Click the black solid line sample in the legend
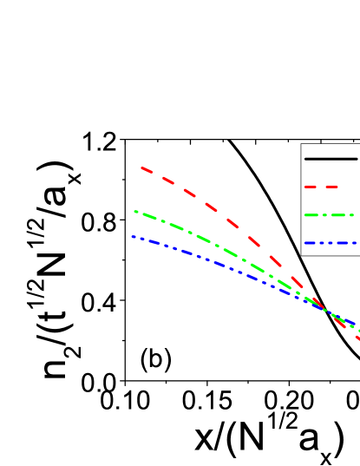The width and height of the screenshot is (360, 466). (331, 159)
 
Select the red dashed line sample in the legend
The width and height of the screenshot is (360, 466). (321, 187)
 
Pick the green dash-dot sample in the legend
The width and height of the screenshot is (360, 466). (330, 214)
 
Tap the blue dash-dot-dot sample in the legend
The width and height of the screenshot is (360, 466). (330, 242)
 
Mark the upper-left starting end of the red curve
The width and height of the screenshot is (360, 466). (141, 167)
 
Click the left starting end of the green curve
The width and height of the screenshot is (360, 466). (135, 211)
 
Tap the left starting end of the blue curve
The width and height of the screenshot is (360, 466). (133, 237)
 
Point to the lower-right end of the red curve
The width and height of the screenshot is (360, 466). (357, 338)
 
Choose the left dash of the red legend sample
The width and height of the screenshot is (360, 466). (311, 187)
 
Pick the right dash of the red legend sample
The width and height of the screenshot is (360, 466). (331, 187)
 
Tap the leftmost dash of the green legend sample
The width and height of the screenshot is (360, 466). (311, 214)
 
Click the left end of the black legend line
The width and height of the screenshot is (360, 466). (306, 159)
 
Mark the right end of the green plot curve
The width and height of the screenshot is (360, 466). (358, 331)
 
